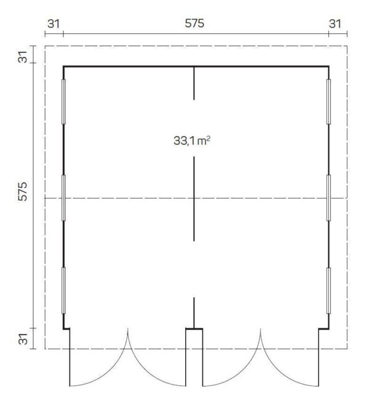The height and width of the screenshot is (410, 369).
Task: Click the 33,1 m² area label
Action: [x=192, y=141]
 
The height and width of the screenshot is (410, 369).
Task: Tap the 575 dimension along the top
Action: [x=194, y=23]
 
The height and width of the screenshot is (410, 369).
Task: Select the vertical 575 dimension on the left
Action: [x=23, y=191]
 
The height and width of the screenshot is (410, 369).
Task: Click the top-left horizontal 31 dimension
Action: [x=54, y=24]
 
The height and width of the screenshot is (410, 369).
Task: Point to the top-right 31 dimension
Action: [x=335, y=24]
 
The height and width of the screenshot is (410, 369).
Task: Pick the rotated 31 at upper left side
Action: [x=23, y=57]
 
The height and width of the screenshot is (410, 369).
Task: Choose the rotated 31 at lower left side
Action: [x=23, y=339]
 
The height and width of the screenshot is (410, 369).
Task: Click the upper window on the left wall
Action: [x=63, y=101]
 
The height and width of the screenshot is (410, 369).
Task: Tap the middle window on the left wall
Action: [x=63, y=198]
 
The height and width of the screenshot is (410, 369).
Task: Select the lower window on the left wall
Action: [x=63, y=290]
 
